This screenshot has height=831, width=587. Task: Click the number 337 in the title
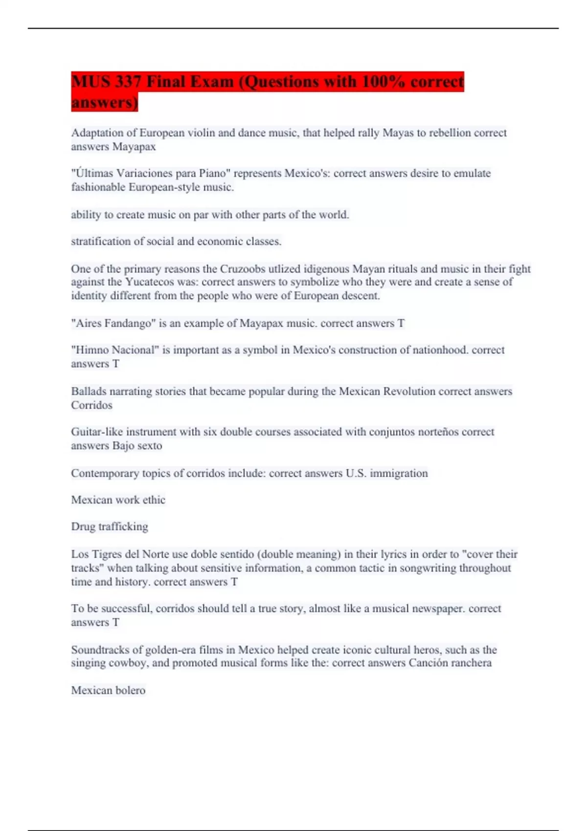pos(128,82)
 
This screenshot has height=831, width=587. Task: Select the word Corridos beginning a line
pos(91,405)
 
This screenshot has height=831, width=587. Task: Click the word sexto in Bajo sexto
pos(149,446)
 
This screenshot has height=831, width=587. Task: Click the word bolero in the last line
pos(130,690)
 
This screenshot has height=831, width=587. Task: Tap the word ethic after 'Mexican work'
pos(154,500)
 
